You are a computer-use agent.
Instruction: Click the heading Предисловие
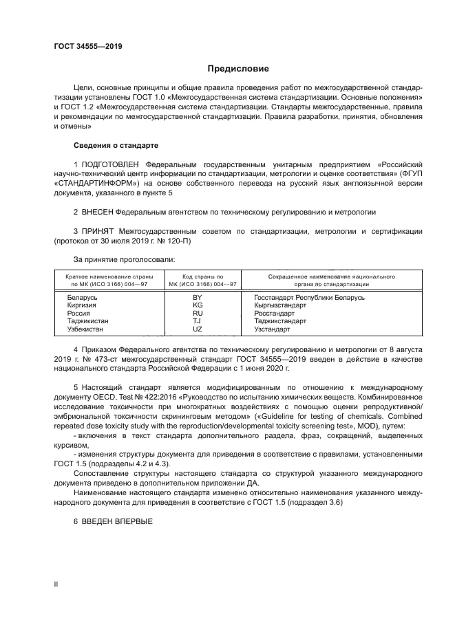pos(238,69)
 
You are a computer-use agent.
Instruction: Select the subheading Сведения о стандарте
pos(116,146)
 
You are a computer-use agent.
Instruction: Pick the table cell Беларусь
pos(82,297)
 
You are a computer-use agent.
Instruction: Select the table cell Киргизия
pos(82,305)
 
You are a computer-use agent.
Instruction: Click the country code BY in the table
pos(197,297)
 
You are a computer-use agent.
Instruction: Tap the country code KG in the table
pos(197,305)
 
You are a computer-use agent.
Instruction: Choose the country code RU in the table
pos(197,314)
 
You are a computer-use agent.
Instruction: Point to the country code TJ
pos(197,321)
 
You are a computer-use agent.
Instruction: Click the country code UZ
pos(197,329)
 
